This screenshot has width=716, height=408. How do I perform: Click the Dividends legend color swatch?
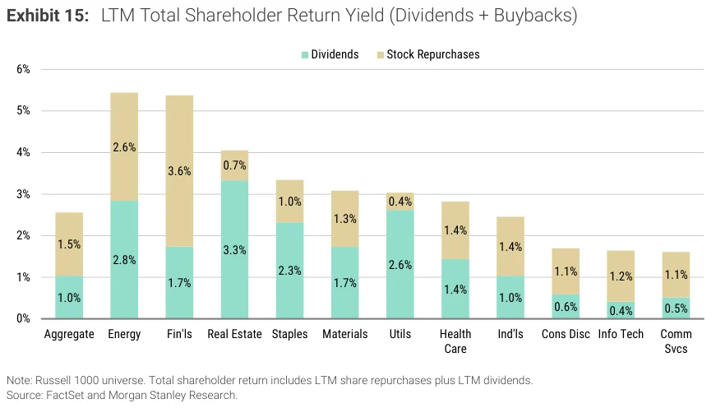305,55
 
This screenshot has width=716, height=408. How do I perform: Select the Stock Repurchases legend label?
433,54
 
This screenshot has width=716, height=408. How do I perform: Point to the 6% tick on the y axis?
23,69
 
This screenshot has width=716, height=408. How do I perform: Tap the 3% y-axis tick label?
23,194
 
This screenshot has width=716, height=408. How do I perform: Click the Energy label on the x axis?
124,334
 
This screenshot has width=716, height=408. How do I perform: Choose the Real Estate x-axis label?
235,334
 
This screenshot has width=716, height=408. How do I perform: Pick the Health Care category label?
455,341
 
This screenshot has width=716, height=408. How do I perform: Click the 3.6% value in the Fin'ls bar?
179,171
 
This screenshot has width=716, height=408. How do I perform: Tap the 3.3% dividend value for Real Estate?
235,250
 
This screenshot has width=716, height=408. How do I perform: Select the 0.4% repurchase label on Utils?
400,202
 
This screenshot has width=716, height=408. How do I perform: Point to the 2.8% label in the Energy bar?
124,260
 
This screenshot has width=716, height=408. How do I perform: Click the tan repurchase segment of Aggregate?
69,244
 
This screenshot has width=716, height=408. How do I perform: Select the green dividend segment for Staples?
290,271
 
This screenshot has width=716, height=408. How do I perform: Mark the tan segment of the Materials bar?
344,219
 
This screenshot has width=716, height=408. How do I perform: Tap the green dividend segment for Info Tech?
621,310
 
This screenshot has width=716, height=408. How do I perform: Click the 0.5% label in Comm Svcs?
676,308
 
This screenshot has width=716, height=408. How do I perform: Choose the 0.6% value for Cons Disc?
566,307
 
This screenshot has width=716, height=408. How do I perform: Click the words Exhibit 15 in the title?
48,16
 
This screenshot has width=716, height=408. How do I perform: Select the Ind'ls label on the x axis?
510,334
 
